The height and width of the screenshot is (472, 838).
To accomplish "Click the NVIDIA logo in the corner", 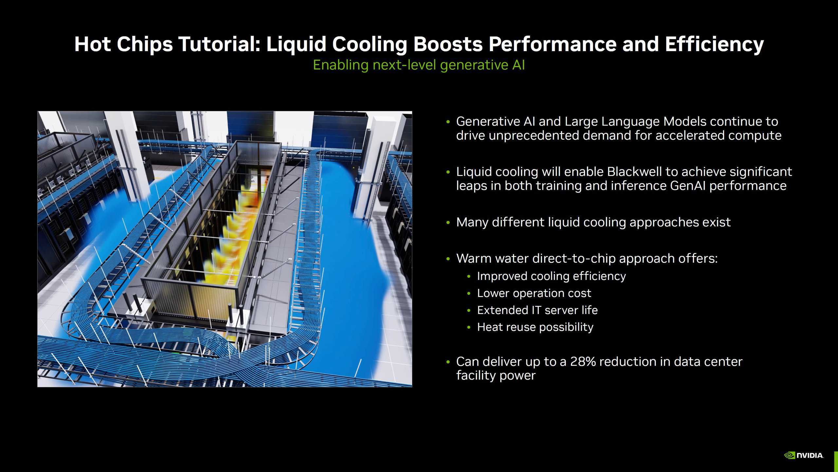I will [x=804, y=455].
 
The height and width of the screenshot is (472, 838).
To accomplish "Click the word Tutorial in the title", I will [x=219, y=44].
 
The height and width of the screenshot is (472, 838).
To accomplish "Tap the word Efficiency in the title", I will [x=714, y=44].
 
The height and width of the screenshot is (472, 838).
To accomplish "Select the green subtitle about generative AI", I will [x=419, y=65].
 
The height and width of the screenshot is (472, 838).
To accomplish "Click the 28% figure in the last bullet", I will [x=583, y=362].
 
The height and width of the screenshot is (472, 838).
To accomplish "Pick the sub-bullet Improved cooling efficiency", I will [x=551, y=276].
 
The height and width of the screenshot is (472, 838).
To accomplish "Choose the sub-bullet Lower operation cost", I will [x=534, y=293].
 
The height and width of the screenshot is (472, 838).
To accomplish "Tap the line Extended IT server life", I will [x=537, y=310].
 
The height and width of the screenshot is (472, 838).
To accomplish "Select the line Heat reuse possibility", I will [x=535, y=327].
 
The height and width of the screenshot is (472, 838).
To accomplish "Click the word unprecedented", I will [x=534, y=135].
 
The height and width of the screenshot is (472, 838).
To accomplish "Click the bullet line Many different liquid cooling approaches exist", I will [x=593, y=222].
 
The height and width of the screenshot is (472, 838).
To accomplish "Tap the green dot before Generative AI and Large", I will [x=448, y=122].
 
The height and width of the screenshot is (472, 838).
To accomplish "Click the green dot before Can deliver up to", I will [x=448, y=362].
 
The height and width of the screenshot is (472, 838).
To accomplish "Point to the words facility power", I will [x=496, y=375].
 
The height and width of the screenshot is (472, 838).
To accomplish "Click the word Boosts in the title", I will [x=448, y=44].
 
